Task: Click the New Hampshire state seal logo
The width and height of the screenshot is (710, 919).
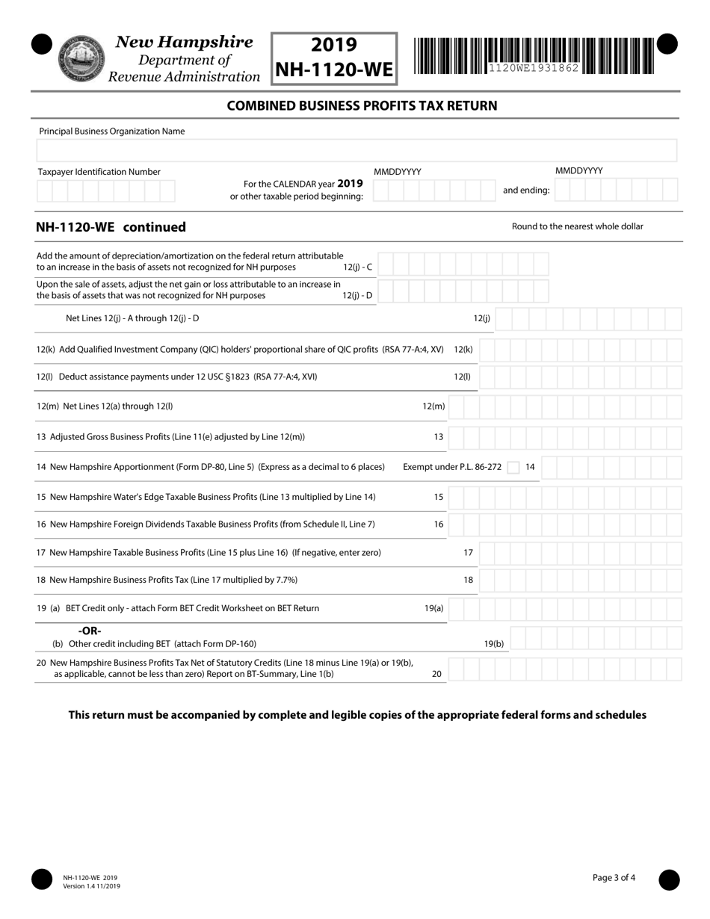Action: pyautogui.click(x=81, y=58)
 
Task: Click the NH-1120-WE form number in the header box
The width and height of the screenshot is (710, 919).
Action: pyautogui.click(x=333, y=69)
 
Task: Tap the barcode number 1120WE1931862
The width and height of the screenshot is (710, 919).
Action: pyautogui.click(x=534, y=68)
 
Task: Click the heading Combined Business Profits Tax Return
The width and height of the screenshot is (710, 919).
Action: pyautogui.click(x=362, y=105)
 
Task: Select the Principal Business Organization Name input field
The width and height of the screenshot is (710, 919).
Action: pyautogui.click(x=356, y=150)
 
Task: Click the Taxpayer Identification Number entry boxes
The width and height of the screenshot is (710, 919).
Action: pyautogui.click(x=105, y=191)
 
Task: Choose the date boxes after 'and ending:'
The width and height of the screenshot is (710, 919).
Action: pyautogui.click(x=617, y=191)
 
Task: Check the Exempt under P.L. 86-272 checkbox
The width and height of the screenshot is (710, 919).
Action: pyautogui.click(x=513, y=468)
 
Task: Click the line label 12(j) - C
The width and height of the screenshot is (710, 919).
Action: pyautogui.click(x=357, y=267)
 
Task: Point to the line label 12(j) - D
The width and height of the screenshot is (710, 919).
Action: pyautogui.click(x=357, y=295)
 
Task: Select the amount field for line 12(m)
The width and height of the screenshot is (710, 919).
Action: pyautogui.click(x=565, y=406)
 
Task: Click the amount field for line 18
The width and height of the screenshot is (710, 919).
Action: pyautogui.click(x=580, y=580)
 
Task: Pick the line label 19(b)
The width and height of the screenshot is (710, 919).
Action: pyautogui.click(x=494, y=643)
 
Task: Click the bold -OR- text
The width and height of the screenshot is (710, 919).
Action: pyautogui.click(x=90, y=631)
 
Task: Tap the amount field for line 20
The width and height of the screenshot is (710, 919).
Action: pyautogui.click(x=565, y=669)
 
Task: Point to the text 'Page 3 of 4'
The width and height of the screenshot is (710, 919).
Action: pyautogui.click(x=614, y=878)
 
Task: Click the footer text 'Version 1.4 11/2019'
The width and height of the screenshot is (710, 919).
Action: pyautogui.click(x=91, y=886)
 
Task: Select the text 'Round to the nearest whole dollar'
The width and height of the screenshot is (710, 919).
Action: pyautogui.click(x=577, y=226)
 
